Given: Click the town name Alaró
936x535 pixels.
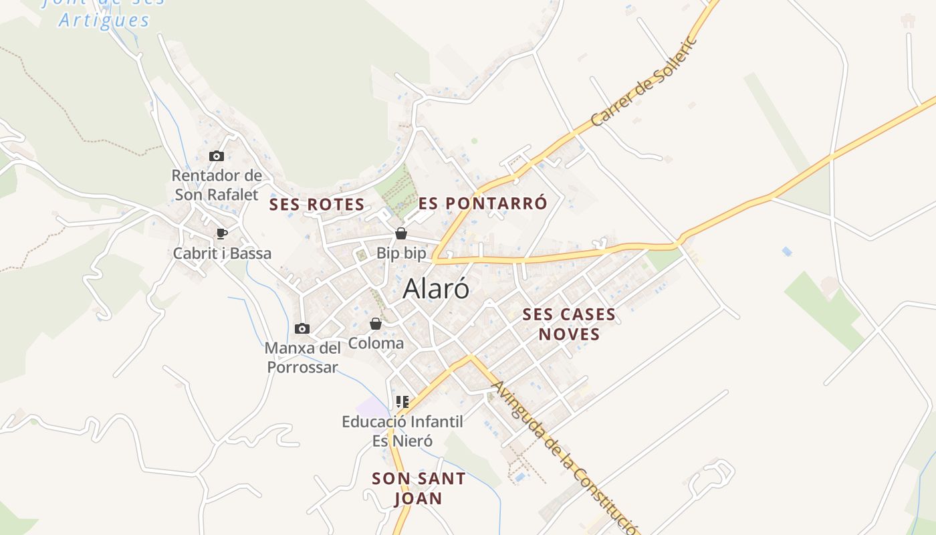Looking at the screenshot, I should coord(436,289).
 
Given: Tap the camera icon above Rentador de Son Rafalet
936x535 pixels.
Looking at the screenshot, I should coord(216,156).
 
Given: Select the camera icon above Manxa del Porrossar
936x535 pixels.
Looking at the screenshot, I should coord(302,328).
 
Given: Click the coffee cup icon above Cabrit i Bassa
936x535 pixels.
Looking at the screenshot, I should coord(222,233).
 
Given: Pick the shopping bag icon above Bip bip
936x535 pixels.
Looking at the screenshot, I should coord(401,233).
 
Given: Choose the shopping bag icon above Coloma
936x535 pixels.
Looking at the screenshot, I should coord(376,324).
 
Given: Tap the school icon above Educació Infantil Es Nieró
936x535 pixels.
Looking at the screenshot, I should coord(402,402).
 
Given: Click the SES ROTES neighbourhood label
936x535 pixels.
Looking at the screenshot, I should coord(317,205).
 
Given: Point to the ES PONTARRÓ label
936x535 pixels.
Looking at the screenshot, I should coord(483,203).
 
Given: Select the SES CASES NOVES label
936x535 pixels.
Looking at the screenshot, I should coord(569,324).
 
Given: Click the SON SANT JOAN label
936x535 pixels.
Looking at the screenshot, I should coord(419,488).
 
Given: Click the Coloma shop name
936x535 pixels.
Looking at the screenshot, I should coord(376,343).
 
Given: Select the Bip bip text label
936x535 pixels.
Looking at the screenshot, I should coord(401,253).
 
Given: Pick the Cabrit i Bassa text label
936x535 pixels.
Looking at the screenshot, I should coord(222,253).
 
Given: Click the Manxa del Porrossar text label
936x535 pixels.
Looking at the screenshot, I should coord(303,358).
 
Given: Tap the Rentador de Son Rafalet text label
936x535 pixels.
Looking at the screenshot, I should coord(217,185).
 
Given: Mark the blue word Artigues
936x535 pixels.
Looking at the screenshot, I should coord(104,20).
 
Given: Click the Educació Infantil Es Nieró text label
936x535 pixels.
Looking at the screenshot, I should coord(402,431).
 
